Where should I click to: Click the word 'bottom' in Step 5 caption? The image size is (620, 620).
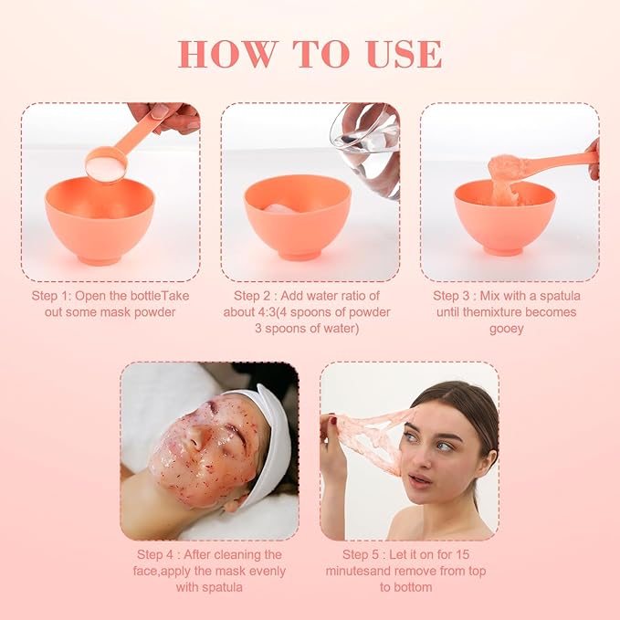tap(413, 587)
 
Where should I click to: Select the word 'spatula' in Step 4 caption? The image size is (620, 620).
tap(221, 587)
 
